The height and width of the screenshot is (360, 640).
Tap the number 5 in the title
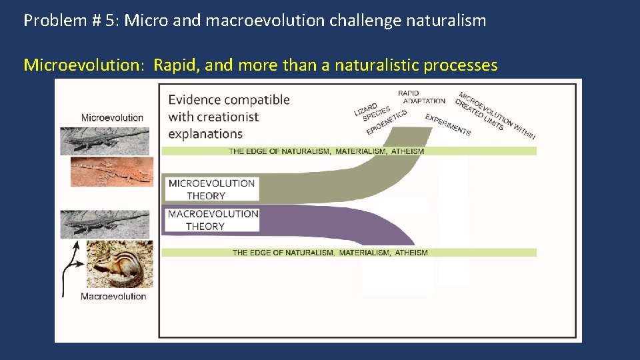tap(109, 21)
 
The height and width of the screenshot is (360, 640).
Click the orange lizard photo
tap(111, 171)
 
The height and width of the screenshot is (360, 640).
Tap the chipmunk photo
tap(119, 264)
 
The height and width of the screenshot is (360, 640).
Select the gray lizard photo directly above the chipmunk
tap(106, 224)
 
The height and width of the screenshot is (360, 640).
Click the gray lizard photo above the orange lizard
tap(105, 141)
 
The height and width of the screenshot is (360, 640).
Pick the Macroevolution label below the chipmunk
tap(113, 296)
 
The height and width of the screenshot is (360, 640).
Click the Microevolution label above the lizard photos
tap(112, 118)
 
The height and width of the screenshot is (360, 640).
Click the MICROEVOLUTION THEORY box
tap(211, 189)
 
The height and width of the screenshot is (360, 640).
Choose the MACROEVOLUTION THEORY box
tap(213, 220)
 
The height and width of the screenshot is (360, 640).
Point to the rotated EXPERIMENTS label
tap(448, 125)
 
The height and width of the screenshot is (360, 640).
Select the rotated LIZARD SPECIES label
tap(371, 111)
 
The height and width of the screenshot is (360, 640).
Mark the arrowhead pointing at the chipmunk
tap(82, 263)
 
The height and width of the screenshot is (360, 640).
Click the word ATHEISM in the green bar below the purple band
tap(411, 253)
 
